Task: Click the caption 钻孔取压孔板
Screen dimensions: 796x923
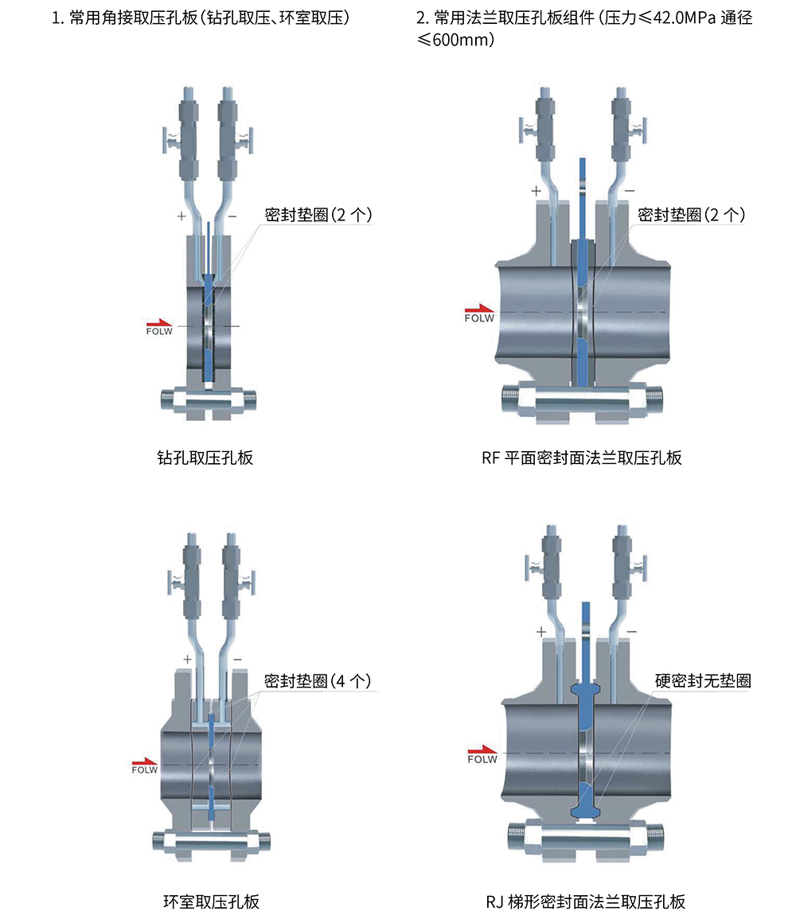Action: point(205,458)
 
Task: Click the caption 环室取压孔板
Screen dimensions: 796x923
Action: point(211,902)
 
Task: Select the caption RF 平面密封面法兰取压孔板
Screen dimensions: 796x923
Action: point(582,458)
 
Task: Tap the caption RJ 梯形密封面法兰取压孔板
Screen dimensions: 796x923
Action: point(585,902)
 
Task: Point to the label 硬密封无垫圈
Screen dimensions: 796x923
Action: point(703,681)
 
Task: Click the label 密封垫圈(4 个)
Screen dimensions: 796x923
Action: point(318,681)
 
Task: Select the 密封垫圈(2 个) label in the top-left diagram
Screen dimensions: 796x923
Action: point(318,214)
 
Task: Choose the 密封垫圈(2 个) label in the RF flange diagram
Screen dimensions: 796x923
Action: point(691,214)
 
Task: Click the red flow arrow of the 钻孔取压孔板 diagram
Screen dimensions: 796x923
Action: point(159,322)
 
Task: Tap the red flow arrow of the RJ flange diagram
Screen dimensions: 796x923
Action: point(482,750)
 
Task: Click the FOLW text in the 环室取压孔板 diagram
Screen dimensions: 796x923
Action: point(145,770)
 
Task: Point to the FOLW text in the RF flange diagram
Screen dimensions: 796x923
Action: point(479,317)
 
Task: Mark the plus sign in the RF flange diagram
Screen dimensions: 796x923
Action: point(536,191)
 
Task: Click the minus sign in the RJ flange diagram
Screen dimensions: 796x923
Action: point(632,632)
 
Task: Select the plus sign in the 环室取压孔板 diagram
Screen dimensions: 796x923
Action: point(187,660)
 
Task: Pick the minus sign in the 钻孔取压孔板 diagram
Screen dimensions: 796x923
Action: point(232,216)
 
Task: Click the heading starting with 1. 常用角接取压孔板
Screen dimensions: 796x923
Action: point(201,18)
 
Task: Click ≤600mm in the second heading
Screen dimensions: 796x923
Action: point(455,40)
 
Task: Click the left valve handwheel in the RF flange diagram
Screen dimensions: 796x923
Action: point(521,130)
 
